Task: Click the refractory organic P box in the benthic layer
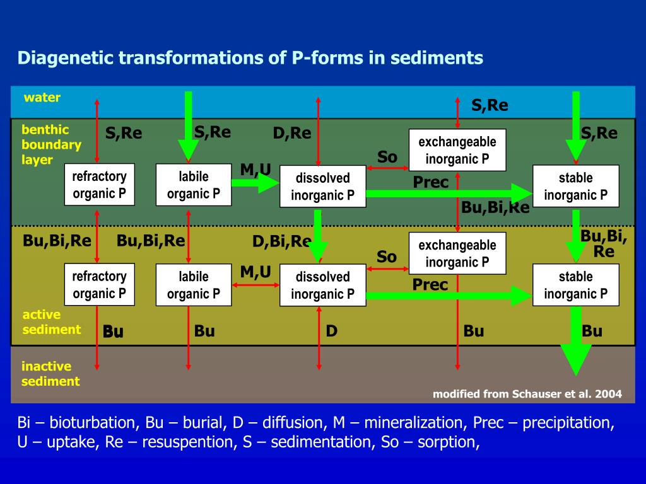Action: pyautogui.click(x=99, y=185)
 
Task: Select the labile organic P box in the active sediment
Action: pyautogui.click(x=193, y=285)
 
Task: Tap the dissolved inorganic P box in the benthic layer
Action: pyautogui.click(x=322, y=187)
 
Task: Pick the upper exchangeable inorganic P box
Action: pyautogui.click(x=457, y=150)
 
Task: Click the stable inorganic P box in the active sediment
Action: pyautogui.click(x=575, y=285)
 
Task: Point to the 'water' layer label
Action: pyautogui.click(x=42, y=98)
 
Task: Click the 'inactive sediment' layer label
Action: pyautogui.click(x=50, y=374)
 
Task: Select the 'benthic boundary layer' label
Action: pyautogui.click(x=51, y=144)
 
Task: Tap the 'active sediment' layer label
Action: pyautogui.click(x=51, y=321)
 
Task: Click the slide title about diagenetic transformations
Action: pyautogui.click(x=250, y=59)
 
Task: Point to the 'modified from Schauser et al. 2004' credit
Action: pyautogui.click(x=527, y=394)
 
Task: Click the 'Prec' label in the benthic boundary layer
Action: pyautogui.click(x=430, y=183)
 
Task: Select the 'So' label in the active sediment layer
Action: pyautogui.click(x=387, y=257)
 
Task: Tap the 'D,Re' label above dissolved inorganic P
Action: pyautogui.click(x=292, y=134)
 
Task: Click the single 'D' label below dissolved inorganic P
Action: pyautogui.click(x=331, y=331)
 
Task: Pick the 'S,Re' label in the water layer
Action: pyautogui.click(x=490, y=106)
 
